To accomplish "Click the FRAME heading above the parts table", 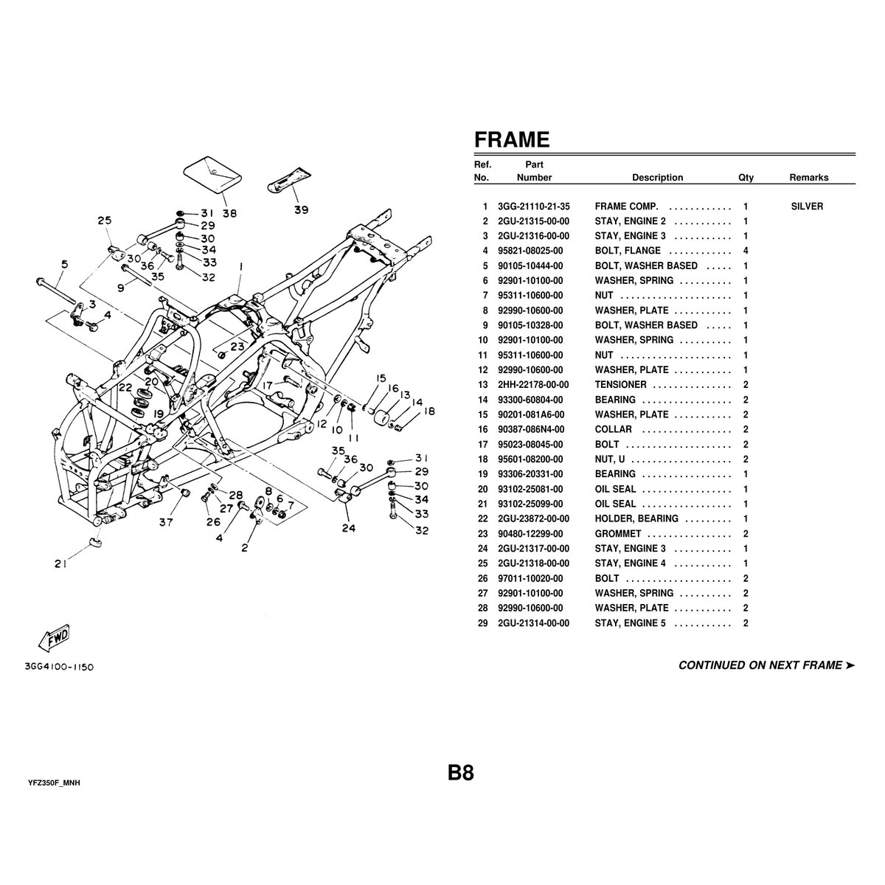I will click(x=511, y=139).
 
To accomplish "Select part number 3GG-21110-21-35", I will click(x=533, y=206).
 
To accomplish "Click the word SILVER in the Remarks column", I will click(x=807, y=206).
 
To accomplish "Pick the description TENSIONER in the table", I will click(x=620, y=385).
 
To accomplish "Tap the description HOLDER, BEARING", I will click(x=636, y=518).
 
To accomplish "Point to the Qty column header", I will click(x=746, y=178).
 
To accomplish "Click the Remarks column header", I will click(x=808, y=178).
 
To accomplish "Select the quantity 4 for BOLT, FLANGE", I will click(x=746, y=251).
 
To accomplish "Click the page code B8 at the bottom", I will click(x=460, y=773).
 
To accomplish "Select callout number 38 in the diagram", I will click(x=229, y=214).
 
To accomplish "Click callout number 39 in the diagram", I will click(x=301, y=209).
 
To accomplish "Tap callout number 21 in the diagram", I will click(x=60, y=565).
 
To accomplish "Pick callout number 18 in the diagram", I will click(x=429, y=412).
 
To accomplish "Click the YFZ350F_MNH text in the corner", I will click(x=53, y=782).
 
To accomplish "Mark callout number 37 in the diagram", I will click(x=166, y=523).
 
